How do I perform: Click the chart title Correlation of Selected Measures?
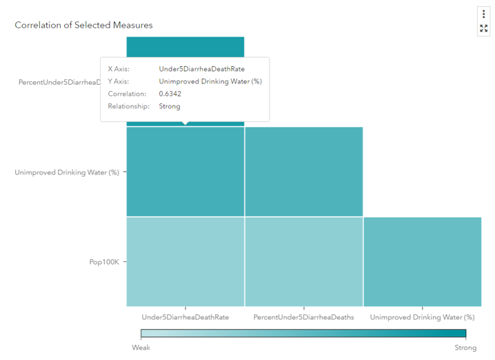tap(83, 25)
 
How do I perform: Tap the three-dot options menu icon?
tap(483, 14)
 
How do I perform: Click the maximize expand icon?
tap(483, 28)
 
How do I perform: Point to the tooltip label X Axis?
tap(119, 69)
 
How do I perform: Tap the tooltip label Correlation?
tap(127, 94)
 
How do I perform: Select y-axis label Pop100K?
tap(104, 262)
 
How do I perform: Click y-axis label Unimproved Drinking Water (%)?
tap(67, 172)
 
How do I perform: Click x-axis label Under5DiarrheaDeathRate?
tap(185, 317)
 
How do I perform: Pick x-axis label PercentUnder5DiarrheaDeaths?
tap(303, 317)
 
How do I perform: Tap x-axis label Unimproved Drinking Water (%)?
tap(422, 317)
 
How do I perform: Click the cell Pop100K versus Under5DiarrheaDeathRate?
tap(185, 262)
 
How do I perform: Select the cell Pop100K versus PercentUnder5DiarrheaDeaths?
tap(303, 262)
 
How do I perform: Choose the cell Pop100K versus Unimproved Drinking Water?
tap(422, 262)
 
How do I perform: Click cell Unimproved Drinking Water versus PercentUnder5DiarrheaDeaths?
tap(303, 172)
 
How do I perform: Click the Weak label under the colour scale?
tap(141, 348)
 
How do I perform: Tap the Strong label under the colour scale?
tap(465, 348)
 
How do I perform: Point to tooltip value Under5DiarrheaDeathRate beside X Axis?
tap(201, 69)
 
